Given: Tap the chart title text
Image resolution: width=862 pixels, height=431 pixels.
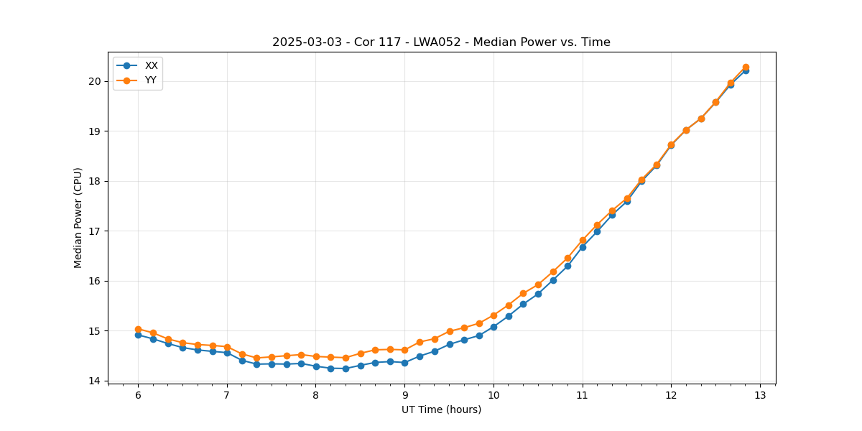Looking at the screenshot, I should tap(441, 42).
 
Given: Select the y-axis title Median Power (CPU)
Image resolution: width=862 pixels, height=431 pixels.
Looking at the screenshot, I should tap(78, 218).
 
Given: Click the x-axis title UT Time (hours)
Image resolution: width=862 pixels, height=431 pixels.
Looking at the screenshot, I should tap(441, 409).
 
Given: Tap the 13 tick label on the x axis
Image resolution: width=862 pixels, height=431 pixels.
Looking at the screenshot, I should tap(760, 394).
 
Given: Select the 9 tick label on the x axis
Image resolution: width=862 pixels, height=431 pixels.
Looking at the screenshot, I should tap(404, 394).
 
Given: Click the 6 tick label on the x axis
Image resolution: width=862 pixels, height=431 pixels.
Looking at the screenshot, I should tap(138, 394).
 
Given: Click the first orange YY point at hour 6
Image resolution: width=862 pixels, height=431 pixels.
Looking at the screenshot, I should tap(138, 329).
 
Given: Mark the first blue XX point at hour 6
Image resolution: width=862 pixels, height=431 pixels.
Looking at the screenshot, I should tap(138, 335).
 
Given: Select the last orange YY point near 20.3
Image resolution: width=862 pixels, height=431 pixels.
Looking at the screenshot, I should tap(746, 67).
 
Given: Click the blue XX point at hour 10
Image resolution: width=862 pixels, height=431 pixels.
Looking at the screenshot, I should tap(493, 327).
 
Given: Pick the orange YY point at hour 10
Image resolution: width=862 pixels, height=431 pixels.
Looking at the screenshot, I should tap(493, 315).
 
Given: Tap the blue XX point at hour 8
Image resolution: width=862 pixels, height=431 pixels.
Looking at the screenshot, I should tap(316, 366).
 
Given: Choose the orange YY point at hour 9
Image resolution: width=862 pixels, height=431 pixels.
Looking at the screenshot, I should tap(404, 350).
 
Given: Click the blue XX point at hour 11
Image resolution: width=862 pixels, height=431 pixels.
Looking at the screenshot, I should tap(583, 247).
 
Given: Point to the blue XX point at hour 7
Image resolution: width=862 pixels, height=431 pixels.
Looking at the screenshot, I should tap(227, 353).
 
